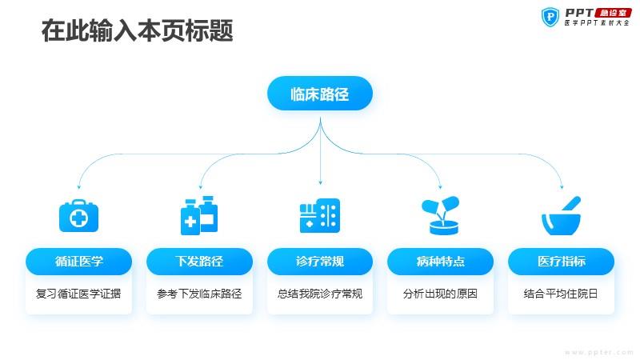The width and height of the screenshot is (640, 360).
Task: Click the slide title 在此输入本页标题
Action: tap(137, 30)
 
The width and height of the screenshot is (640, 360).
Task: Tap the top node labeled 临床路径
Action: tap(320, 94)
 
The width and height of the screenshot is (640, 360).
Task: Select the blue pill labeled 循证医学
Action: tap(78, 262)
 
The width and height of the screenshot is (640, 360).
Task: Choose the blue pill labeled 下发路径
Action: tap(199, 262)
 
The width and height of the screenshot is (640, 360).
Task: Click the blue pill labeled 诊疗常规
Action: tap(320, 262)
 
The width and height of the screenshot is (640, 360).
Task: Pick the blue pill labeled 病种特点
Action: tap(441, 262)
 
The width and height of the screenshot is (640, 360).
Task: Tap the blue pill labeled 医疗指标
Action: tap(562, 262)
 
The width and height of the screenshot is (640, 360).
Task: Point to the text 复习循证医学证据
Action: tap(78, 294)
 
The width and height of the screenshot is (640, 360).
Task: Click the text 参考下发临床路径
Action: tap(199, 294)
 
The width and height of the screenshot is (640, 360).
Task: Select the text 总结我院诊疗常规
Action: tap(320, 294)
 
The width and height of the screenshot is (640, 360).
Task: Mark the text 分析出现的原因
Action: tap(440, 294)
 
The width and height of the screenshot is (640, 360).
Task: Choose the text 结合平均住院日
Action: tap(561, 294)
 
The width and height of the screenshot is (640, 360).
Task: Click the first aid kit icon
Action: tap(78, 216)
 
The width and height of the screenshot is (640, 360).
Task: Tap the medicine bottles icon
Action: tap(199, 215)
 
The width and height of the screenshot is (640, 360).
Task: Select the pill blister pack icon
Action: tap(320, 216)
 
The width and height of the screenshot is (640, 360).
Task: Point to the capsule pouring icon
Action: tap(441, 216)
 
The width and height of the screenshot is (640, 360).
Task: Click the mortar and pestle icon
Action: tap(562, 216)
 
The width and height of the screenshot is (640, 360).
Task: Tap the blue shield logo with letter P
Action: tap(550, 17)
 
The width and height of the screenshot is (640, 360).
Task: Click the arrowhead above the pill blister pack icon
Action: tap(321, 182)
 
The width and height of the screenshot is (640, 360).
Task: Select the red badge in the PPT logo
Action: tap(613, 13)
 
